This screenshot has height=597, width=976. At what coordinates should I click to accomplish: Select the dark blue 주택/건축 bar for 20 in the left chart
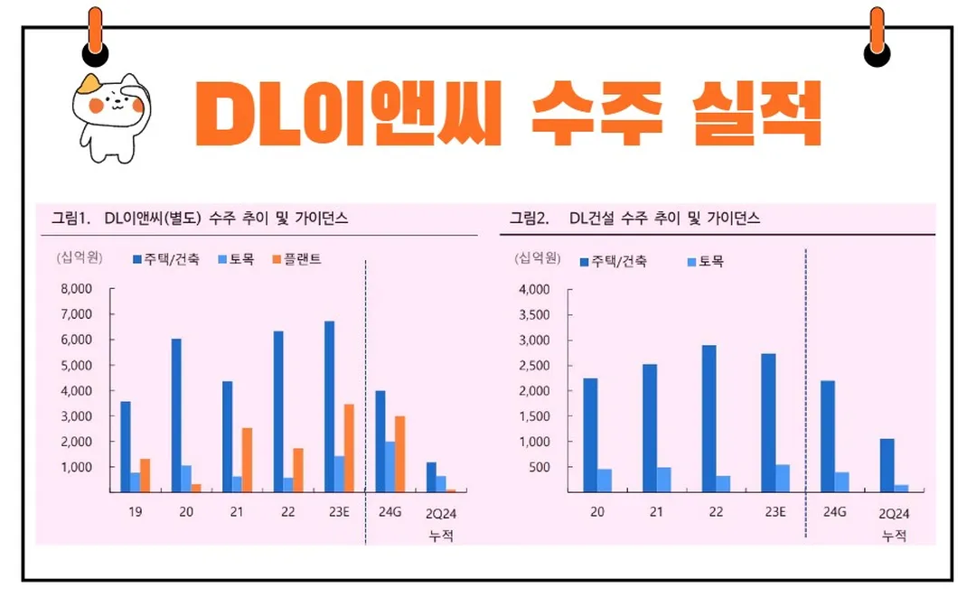(176, 415)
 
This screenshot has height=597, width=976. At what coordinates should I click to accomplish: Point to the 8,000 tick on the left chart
(76, 289)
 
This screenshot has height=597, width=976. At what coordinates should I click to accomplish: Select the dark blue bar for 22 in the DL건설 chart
(709, 418)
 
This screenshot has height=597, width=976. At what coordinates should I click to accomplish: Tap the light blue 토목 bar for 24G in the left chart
(391, 467)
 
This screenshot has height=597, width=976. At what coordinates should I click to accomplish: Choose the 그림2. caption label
(530, 218)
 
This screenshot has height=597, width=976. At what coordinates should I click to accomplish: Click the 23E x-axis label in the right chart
(773, 512)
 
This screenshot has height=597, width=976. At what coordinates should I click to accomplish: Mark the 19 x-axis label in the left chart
(133, 512)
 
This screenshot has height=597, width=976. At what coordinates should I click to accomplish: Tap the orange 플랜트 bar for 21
(247, 460)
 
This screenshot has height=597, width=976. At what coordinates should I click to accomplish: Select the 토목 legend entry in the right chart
(705, 262)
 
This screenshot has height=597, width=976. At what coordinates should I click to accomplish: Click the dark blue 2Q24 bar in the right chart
(887, 465)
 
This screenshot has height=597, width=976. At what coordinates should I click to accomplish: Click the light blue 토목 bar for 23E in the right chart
(783, 478)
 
